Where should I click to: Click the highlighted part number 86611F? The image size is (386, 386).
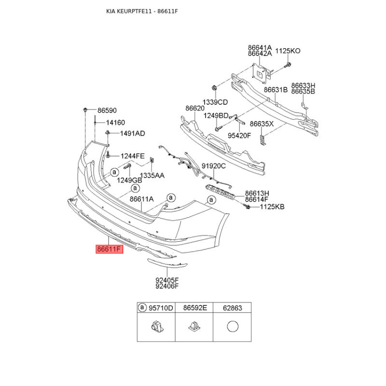110,249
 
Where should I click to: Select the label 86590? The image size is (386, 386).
107,110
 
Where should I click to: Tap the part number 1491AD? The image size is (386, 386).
132,134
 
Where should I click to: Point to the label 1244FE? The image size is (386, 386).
132,156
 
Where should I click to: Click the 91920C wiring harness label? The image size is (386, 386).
213,166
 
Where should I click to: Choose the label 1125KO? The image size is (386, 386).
288,51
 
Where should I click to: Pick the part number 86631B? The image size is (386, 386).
276,90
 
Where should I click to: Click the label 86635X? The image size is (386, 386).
262,124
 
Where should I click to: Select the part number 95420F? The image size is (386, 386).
239,136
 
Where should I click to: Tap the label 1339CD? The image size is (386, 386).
215,102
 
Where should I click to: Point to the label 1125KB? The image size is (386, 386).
272,207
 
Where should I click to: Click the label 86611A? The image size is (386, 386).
141,199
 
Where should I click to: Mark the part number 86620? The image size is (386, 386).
195,108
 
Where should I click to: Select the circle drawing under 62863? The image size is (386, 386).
233,327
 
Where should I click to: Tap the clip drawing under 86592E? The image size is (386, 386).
194,327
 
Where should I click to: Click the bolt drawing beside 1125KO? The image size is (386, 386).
288,65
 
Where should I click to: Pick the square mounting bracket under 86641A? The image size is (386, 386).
261,73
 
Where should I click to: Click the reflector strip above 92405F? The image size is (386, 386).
167,263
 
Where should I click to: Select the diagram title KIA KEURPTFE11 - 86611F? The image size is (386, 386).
142,11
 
